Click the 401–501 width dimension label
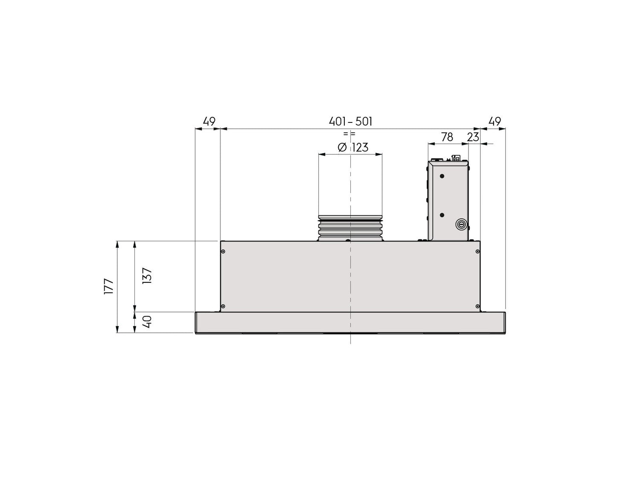tap(350, 122)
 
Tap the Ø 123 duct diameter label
tap(353, 148)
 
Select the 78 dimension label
tap(447, 137)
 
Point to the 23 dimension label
tap(473, 137)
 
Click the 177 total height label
tap(108, 286)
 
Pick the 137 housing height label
tap(147, 276)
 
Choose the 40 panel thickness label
tap(147, 322)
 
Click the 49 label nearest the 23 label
tap(494, 122)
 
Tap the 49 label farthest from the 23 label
tap(209, 122)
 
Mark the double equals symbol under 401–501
tap(349, 134)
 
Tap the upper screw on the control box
tap(442, 176)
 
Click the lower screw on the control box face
tap(442, 215)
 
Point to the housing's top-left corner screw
tap(223, 251)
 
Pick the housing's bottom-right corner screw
tap(477, 306)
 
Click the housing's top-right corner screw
tap(477, 251)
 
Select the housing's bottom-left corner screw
tap(223, 306)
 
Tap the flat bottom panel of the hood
tap(350, 323)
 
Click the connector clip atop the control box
tap(455, 158)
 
